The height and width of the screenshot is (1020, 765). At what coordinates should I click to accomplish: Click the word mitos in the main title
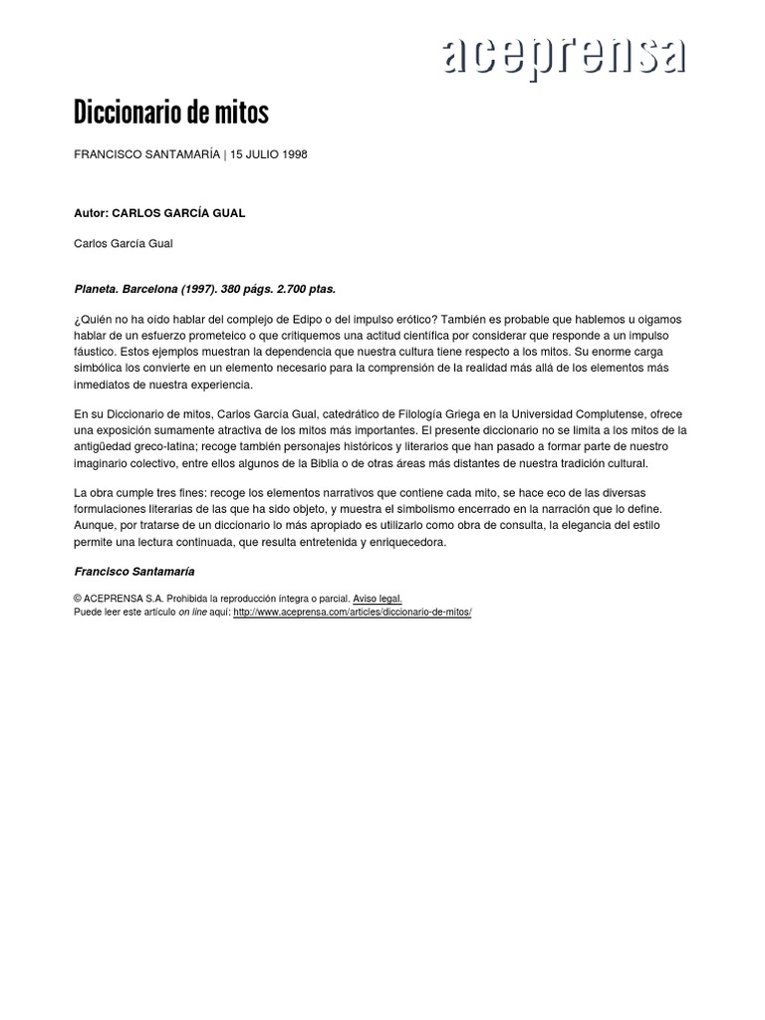[x=241, y=114]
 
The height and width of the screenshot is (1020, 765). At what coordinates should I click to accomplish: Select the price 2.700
[x=298, y=289]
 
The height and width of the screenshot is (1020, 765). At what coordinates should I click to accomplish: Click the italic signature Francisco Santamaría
[x=134, y=572]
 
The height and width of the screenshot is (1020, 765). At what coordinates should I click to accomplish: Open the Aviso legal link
[x=378, y=599]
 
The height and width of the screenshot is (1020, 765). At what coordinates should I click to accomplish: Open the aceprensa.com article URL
[x=352, y=612]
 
